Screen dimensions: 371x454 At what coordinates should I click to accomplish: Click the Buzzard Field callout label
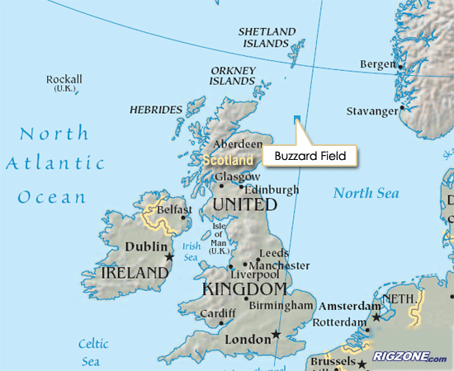coord(309,154)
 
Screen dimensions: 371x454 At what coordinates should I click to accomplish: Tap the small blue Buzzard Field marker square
coord(297,119)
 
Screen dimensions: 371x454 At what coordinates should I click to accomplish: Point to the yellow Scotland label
coord(228,160)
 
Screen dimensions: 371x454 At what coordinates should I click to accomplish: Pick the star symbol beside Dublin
coord(169,257)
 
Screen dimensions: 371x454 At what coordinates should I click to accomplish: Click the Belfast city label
coord(175,210)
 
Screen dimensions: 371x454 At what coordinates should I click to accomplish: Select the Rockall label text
coord(64,80)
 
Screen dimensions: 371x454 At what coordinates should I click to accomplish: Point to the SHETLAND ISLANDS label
coord(266,37)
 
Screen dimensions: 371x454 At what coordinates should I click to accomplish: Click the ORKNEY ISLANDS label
coord(232,76)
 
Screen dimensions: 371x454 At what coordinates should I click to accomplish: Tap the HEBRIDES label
coord(156,109)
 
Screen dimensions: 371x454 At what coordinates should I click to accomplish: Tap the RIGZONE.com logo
coord(409,357)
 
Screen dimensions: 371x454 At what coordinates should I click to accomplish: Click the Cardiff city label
coord(218,314)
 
